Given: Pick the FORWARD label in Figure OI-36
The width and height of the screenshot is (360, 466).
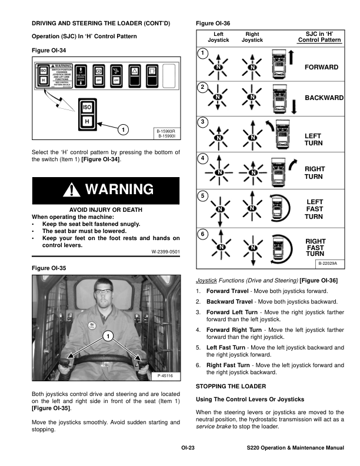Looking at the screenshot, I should [x=321, y=68].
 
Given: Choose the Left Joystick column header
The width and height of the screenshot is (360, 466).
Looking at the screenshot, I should [x=218, y=37].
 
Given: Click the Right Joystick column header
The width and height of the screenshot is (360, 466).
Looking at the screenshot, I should [x=252, y=37].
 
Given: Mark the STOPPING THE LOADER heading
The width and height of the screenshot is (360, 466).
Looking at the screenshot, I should [x=231, y=386].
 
